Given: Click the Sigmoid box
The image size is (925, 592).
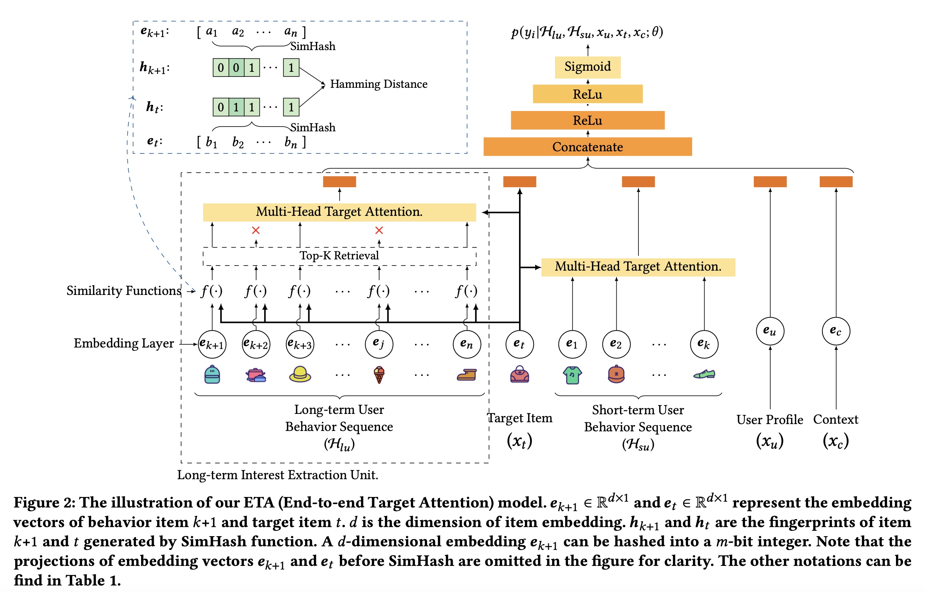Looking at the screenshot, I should tap(587, 67).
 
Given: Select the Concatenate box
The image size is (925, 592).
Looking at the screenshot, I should tap(587, 147).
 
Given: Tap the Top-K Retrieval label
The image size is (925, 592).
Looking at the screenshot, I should tap(339, 256).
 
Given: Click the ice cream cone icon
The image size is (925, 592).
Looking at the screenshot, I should tap(379, 375).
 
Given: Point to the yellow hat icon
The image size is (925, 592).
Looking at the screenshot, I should tap(300, 374).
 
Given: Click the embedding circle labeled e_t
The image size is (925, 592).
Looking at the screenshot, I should tap(519, 344).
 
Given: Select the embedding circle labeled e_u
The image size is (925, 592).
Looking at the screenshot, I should tap(770, 331).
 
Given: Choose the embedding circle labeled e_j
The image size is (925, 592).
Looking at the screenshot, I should tap(379, 344).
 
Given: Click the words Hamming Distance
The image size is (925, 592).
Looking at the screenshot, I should tap(379, 84).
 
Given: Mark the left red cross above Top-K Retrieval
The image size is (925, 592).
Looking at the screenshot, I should tap(256, 230).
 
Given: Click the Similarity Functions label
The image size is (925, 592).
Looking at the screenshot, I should tap(124, 291).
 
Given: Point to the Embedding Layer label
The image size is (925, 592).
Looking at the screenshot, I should tap(124, 343).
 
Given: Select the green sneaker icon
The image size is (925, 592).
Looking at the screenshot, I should tap(704, 374).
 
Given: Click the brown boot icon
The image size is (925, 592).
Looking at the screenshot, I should tap(466, 374).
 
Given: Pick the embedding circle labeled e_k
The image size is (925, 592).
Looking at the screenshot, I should tap(704, 344).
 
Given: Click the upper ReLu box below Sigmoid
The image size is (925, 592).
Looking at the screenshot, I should tap(587, 94).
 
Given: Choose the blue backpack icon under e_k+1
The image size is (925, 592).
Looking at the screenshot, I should tap(212, 375).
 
